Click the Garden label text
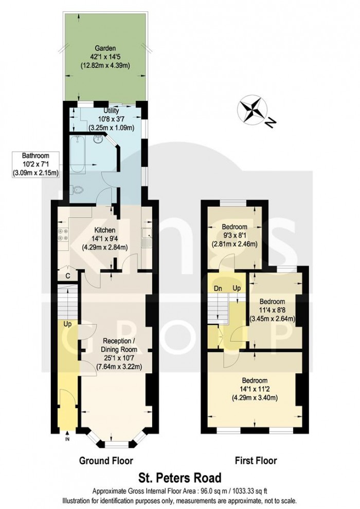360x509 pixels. [x=105, y=49]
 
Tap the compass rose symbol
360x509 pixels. [x=252, y=110]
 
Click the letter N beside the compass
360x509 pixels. [x=270, y=122]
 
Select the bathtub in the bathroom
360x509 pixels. [x=77, y=155]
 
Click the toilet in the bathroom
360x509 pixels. [x=77, y=190]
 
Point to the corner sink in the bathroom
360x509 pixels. [x=98, y=139]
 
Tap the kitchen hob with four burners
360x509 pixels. [x=63, y=235]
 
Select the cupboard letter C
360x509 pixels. [x=68, y=276]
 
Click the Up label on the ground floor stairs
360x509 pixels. [x=67, y=324]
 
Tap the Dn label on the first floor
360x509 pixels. [x=218, y=288]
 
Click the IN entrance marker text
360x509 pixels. [x=67, y=440]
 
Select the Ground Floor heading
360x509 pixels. [x=106, y=461]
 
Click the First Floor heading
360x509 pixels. [x=256, y=461]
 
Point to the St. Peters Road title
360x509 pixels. [x=180, y=478]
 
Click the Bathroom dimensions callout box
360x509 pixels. [x=35, y=165]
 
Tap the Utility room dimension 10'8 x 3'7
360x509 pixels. [x=111, y=119]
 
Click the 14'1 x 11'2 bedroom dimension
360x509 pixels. [x=255, y=389]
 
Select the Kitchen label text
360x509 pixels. [x=104, y=230]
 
